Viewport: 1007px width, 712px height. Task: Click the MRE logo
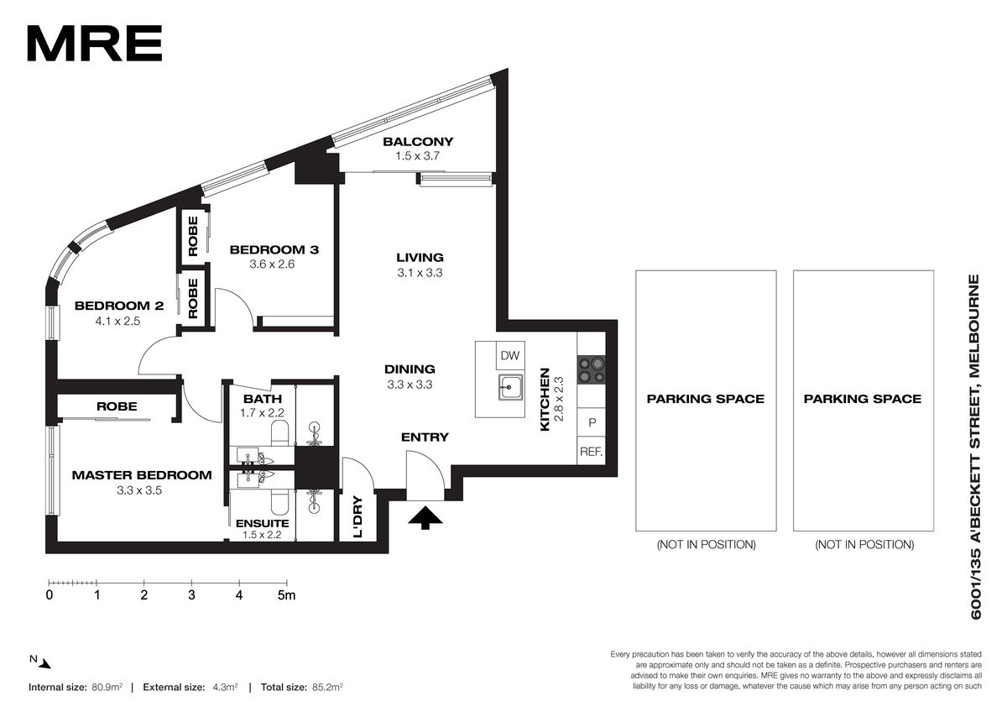[95, 43]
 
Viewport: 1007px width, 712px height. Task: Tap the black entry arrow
[425, 517]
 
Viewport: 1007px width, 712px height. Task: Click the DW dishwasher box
[510, 356]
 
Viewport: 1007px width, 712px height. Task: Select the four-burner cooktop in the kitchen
[591, 369]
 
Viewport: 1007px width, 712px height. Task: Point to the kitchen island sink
[510, 387]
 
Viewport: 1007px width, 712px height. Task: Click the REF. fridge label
[591, 451]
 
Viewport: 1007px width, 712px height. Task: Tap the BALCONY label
[418, 142]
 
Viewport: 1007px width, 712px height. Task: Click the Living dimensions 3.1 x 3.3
[420, 273]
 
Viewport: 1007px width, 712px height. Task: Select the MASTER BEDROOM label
[142, 475]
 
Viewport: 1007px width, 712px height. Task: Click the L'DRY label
[357, 517]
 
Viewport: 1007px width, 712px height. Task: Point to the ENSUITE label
[262, 523]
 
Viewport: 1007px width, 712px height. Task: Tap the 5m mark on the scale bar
[286, 595]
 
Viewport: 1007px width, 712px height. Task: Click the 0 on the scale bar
[50, 595]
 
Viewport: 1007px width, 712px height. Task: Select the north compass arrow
[44, 663]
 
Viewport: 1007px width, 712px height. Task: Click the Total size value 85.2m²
[328, 688]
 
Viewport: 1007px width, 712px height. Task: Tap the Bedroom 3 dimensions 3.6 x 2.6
[272, 264]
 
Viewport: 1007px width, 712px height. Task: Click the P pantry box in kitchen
[592, 422]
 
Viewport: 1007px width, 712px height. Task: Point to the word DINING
[410, 369]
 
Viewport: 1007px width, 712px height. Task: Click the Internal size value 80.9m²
[107, 688]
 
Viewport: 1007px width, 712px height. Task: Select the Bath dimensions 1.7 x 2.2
[262, 412]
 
